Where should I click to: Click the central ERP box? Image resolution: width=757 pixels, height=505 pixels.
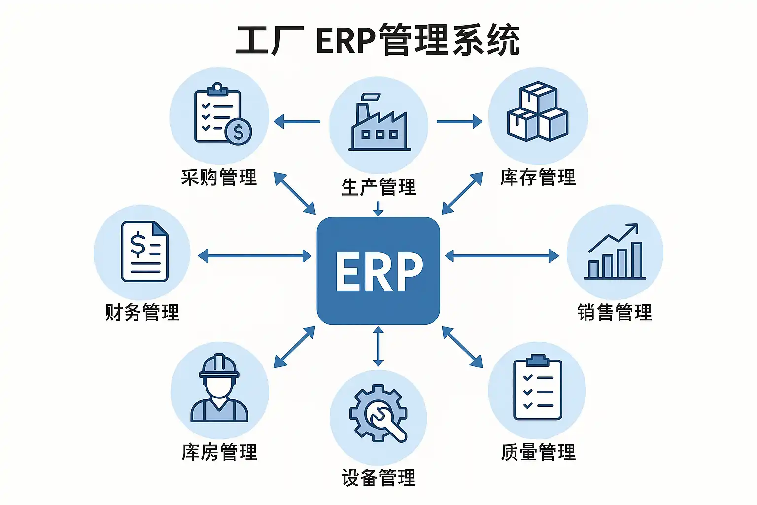pos(378,270)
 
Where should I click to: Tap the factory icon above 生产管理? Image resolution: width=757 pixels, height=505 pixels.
pos(378,123)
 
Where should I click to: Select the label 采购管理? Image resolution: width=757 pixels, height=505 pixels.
pos(219,178)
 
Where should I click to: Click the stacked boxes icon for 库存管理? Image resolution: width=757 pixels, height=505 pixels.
pos(538,112)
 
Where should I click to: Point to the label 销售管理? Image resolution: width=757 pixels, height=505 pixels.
pos(615,313)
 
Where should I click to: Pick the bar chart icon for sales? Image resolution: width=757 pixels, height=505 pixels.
pos(615,252)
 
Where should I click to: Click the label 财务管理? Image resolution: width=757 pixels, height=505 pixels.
pos(142,313)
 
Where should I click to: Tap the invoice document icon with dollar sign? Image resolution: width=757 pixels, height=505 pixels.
pos(144,252)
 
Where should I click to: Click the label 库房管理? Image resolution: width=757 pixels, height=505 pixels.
pos(219,452)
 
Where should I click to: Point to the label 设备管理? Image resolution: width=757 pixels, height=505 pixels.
pos(378,478)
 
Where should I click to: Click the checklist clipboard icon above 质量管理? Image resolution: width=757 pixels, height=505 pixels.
pos(537,388)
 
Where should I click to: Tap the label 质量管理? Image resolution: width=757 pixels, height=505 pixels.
pos(538,452)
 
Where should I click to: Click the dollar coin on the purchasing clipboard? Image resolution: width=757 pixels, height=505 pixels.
pos(238,132)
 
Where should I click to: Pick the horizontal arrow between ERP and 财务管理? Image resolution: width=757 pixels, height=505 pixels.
pos(254,256)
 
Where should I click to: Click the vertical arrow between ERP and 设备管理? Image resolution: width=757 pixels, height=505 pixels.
pos(378,346)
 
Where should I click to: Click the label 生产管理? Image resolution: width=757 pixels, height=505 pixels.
pos(378,187)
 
